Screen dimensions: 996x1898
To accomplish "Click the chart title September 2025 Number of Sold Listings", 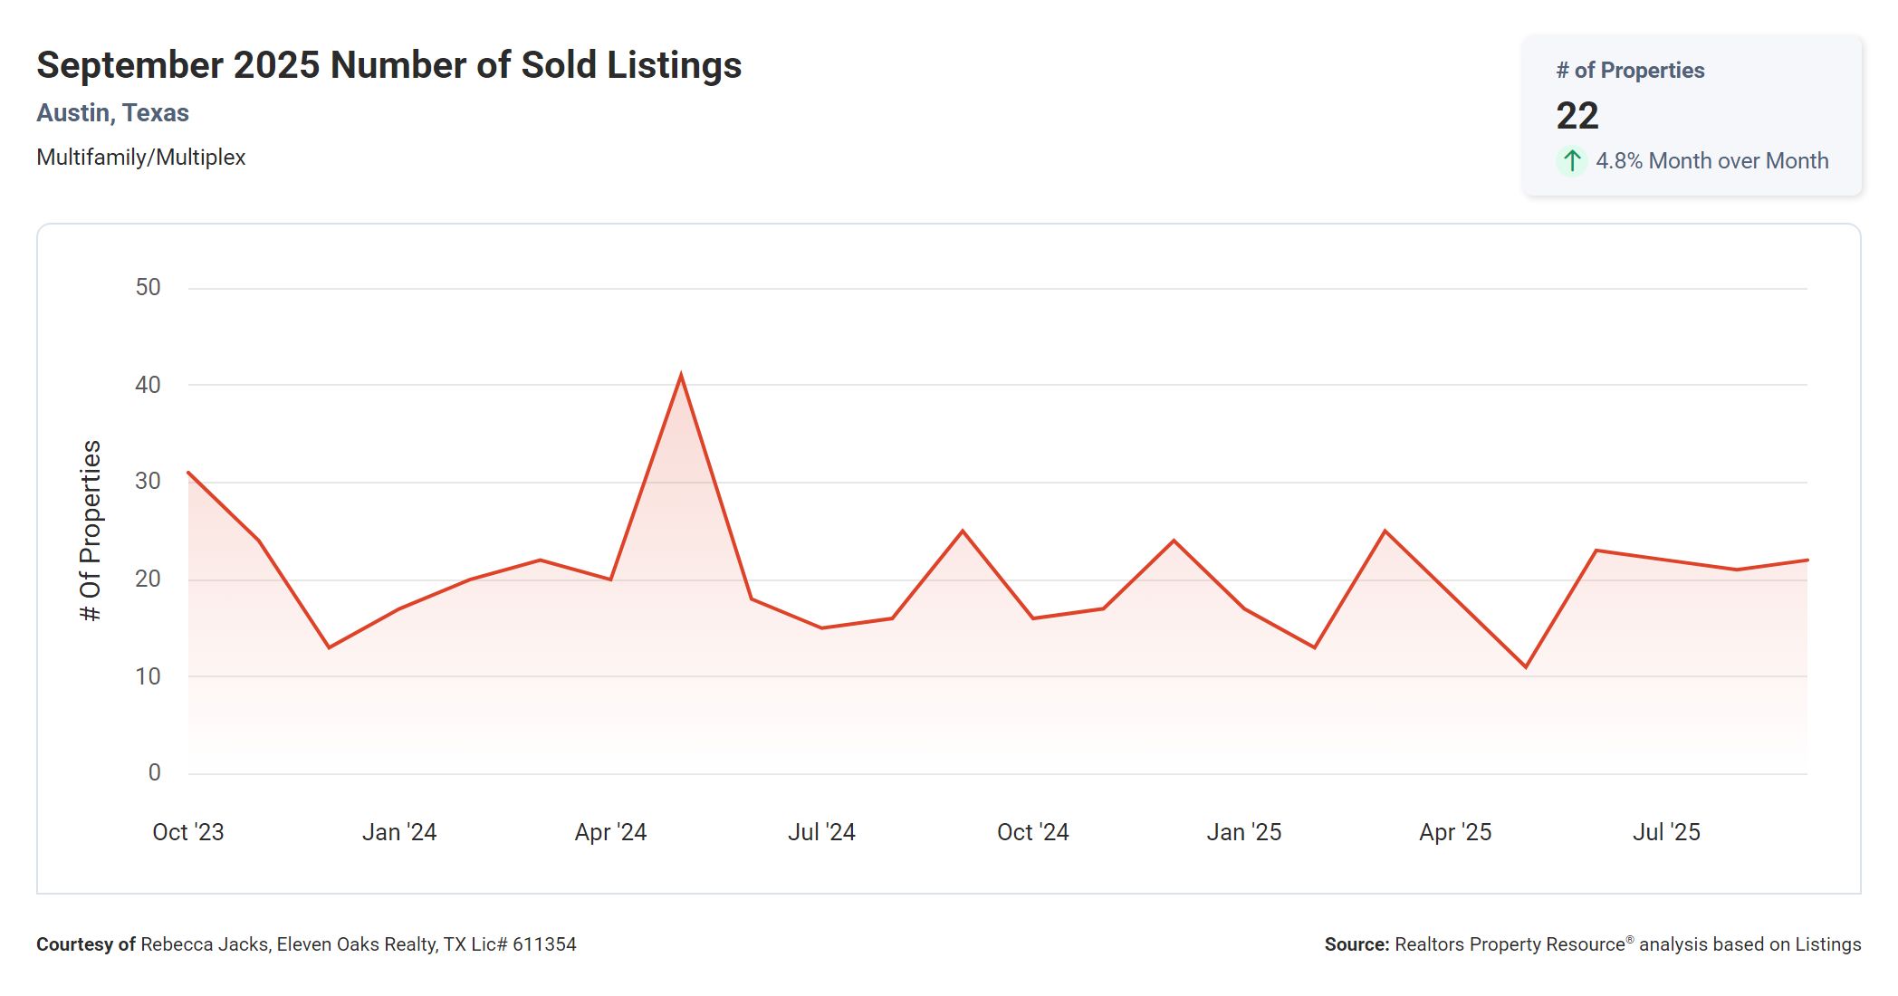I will click(x=388, y=65).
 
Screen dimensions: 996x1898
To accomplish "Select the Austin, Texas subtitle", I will click(x=112, y=113).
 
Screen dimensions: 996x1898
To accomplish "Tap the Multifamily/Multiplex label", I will click(x=140, y=158).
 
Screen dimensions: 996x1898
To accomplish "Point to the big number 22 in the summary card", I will click(x=1577, y=116).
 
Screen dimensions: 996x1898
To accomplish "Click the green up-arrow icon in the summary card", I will click(x=1572, y=161).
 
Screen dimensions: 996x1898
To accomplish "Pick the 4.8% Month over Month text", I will click(x=1711, y=161).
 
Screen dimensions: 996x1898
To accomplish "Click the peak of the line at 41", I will click(x=681, y=375).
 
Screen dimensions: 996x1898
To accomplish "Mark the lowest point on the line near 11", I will click(x=1526, y=667).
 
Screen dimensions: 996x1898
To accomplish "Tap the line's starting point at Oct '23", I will click(x=188, y=473).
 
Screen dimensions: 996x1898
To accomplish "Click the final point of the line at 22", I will click(x=1807, y=560).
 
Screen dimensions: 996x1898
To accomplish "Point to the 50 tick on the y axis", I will click(x=148, y=288).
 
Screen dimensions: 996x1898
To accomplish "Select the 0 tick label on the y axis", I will click(x=155, y=773).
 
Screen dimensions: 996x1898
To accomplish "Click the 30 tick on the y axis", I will click(x=148, y=482).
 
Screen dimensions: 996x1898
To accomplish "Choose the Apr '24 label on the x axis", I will click(x=610, y=832).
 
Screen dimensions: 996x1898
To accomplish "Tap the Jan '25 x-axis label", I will click(x=1243, y=832).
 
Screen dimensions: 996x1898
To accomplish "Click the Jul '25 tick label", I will click(x=1666, y=832).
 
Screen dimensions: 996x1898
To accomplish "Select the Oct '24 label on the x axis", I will click(x=1032, y=832).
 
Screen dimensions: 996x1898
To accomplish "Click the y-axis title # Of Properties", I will click(x=91, y=531).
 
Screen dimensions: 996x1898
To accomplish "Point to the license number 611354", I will click(x=544, y=944).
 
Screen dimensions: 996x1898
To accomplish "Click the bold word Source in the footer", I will click(x=1356, y=944).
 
